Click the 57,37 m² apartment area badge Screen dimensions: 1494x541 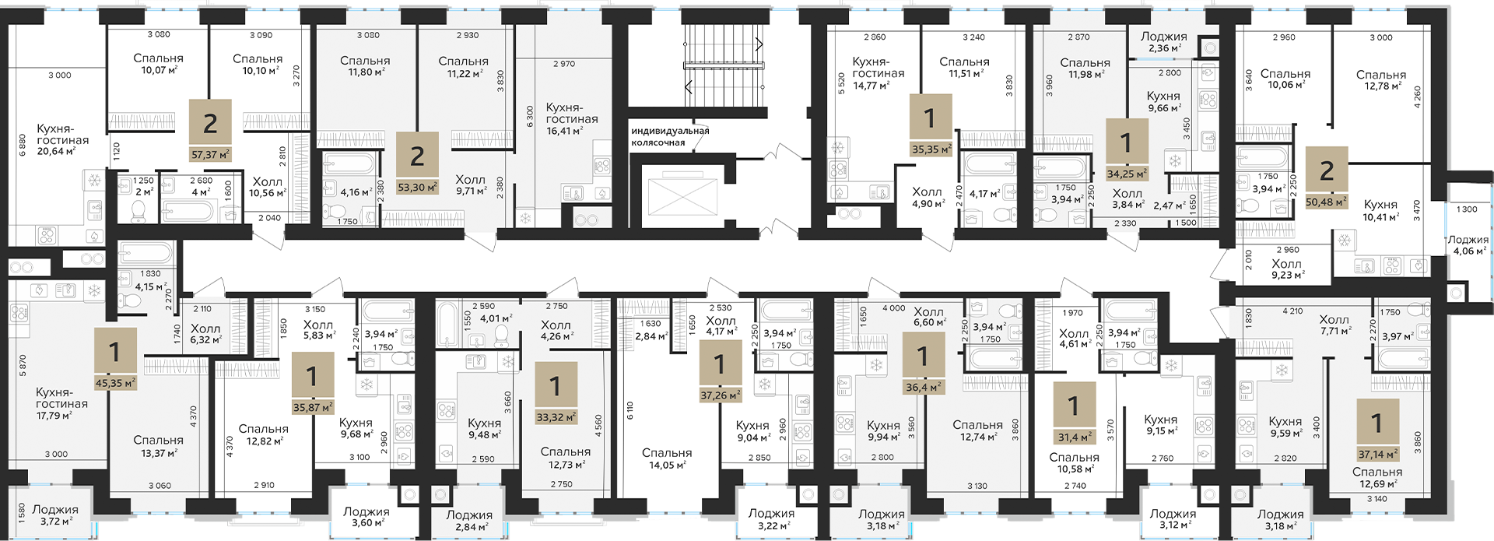coord(210,131)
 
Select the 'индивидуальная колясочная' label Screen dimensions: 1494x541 coord(670,137)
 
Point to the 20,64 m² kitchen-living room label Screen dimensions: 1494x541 coord(62,140)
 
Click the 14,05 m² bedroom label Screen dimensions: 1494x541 coord(667,459)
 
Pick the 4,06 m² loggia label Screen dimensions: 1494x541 coord(1468,245)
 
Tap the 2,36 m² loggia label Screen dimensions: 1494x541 coord(1164,42)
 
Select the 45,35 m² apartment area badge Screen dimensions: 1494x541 coord(115,359)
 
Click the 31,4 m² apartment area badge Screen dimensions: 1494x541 coord(1074,413)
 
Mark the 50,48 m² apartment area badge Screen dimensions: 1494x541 coord(1327,177)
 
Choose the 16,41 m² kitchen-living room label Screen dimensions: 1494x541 coord(572,119)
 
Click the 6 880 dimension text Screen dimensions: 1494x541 coord(22,146)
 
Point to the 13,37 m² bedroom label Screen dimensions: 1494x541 coord(158,446)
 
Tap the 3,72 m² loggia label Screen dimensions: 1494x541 coord(55,515)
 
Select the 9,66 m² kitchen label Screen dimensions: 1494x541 coord(1163,102)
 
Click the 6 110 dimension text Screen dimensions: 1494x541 coord(630,411)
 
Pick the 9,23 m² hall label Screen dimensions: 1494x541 coord(1286,269)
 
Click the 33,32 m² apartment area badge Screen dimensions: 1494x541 coord(556,393)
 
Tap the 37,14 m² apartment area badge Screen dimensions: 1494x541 coord(1377,430)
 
